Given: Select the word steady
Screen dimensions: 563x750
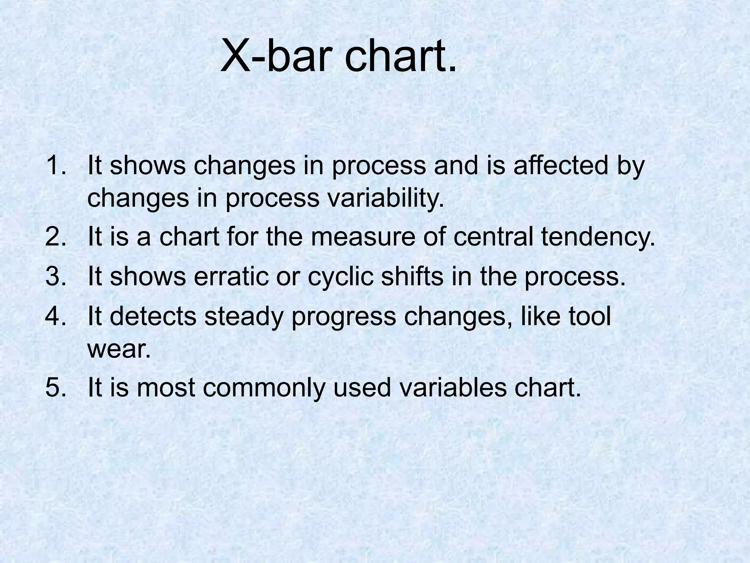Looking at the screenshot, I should [x=244, y=317].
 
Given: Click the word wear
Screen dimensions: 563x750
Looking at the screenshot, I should [x=119, y=349].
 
